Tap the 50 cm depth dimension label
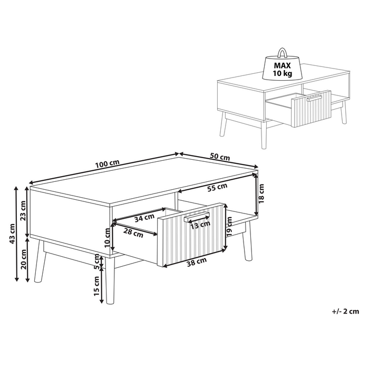click(x=220, y=157)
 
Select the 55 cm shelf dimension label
click(x=217, y=187)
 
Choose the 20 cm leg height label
click(x=23, y=258)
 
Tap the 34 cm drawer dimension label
click(x=144, y=217)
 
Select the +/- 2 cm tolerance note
click(x=345, y=312)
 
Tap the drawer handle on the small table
click(x=314, y=98)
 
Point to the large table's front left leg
click(x=38, y=263)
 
